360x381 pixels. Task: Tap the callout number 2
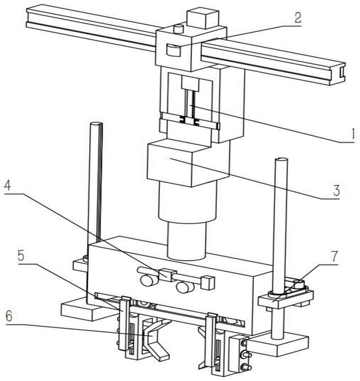click(x=298, y=18)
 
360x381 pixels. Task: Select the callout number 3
click(x=336, y=190)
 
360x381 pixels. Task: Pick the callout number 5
click(x=21, y=256)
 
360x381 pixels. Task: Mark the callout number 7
click(x=335, y=256)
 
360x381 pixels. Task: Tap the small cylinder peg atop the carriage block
click(x=179, y=29)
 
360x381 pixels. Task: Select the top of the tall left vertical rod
click(x=96, y=124)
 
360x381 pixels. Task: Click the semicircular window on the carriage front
click(x=173, y=51)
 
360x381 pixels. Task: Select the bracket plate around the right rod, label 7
click(x=285, y=297)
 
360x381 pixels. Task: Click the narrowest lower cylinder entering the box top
click(x=186, y=240)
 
